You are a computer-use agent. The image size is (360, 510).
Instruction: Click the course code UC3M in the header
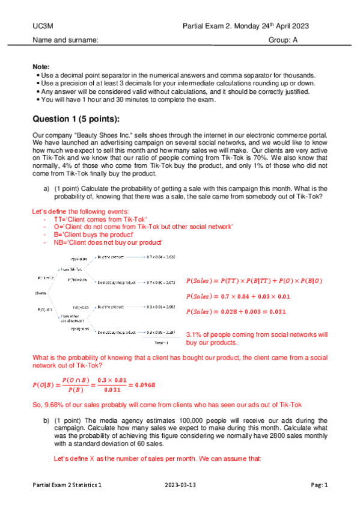(42, 28)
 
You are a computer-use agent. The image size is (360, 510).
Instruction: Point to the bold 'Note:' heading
(42, 66)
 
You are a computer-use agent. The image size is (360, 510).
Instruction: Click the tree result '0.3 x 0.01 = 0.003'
(160, 307)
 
